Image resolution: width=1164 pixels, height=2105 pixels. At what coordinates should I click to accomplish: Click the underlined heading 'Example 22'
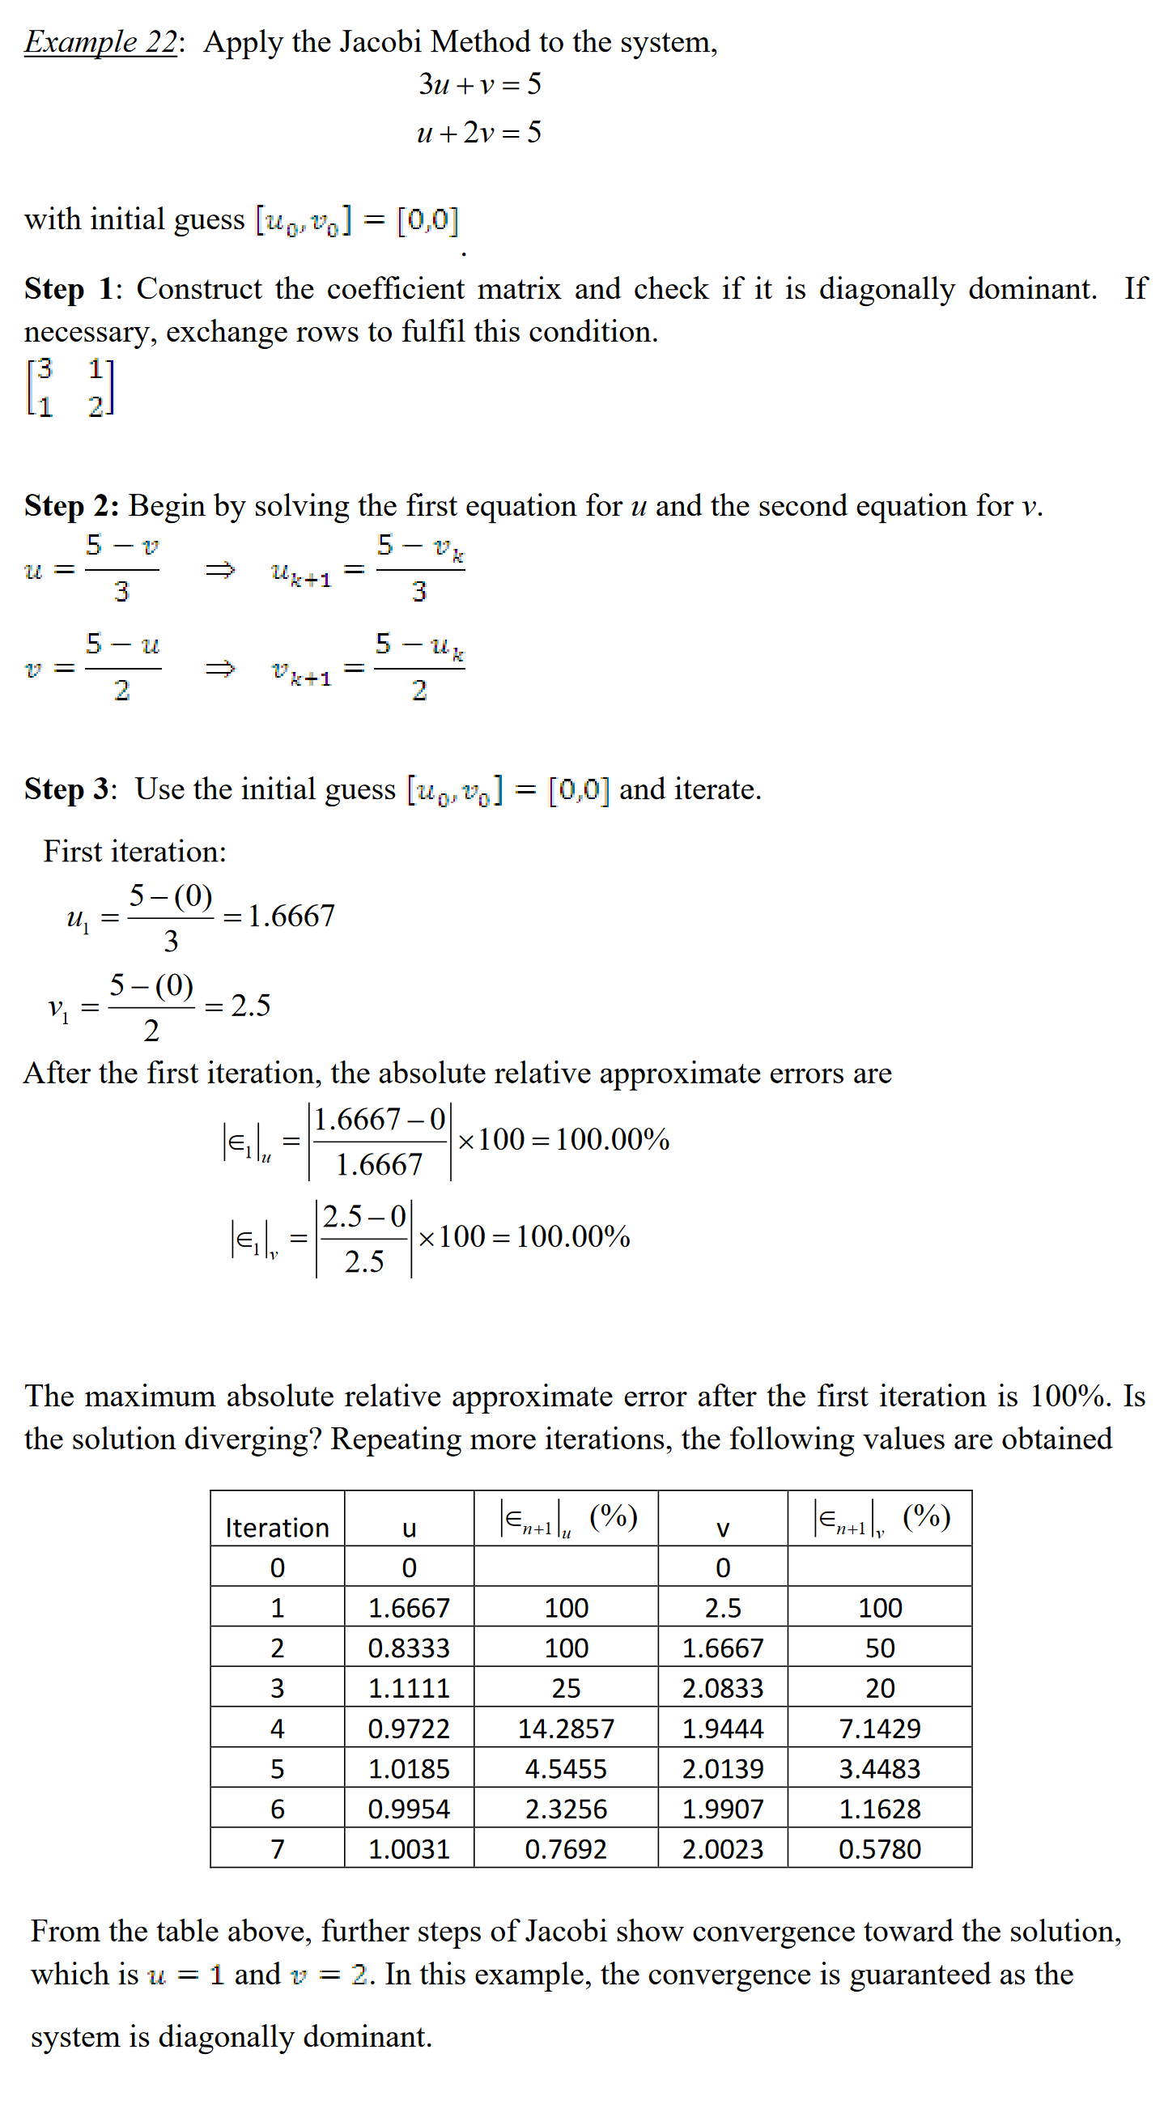coord(100,41)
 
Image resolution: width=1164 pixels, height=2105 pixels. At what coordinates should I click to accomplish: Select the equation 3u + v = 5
coord(479,84)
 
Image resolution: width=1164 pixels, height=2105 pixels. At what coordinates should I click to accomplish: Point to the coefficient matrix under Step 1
coord(70,387)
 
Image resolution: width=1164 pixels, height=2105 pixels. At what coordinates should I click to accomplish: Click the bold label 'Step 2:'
coord(72,507)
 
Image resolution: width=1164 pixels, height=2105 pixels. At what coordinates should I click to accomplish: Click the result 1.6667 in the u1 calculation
coord(291,916)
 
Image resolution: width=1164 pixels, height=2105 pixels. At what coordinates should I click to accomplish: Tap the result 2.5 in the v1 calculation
coord(250,1006)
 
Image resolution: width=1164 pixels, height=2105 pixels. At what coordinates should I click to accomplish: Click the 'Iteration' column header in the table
coord(277,1528)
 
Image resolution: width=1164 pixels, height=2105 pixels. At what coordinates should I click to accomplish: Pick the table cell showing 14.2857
coord(566,1729)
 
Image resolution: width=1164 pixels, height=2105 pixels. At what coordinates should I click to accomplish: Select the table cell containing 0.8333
coord(409,1648)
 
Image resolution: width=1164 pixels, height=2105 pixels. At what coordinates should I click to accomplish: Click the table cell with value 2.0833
coord(722,1688)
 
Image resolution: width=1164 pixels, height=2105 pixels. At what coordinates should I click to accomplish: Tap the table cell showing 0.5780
coord(880,1849)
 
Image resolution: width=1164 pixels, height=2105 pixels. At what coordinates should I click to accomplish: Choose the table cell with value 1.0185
coord(409,1769)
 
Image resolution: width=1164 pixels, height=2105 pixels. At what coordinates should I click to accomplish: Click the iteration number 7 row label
coord(277,1849)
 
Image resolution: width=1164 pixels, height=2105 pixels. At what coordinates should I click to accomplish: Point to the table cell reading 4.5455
coord(566,1769)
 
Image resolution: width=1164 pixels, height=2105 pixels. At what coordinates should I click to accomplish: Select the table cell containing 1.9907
coord(722,1809)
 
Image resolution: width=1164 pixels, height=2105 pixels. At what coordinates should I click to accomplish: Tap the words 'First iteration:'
coord(135,853)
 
